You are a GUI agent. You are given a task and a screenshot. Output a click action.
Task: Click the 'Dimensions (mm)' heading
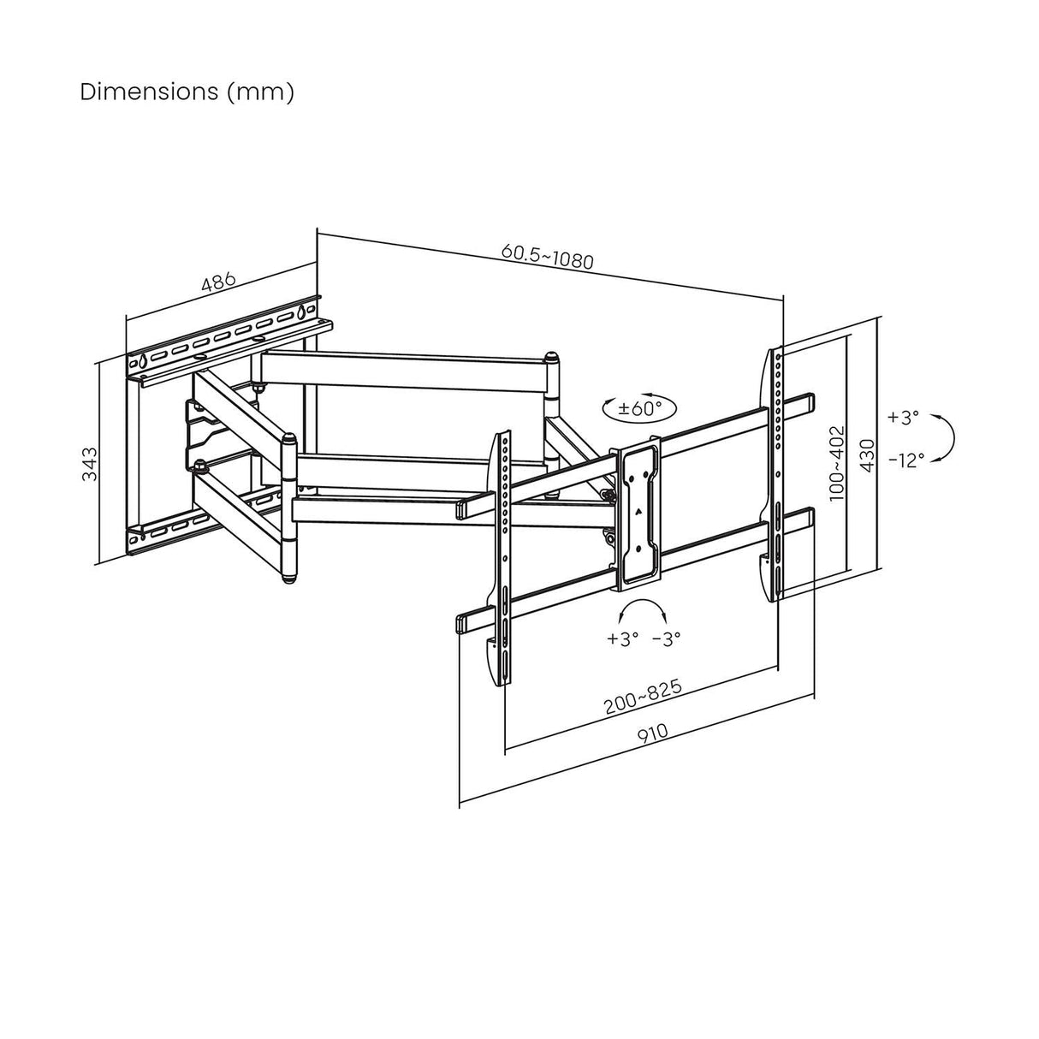pos(187,92)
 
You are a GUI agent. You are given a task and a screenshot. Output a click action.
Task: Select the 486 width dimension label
pos(219,283)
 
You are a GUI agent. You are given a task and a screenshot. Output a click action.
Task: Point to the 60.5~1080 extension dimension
pos(548,255)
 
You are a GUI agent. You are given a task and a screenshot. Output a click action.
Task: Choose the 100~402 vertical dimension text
pos(836,462)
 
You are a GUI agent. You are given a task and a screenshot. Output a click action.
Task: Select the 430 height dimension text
pos(866,455)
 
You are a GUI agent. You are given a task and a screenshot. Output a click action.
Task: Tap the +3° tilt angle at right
pos(903,418)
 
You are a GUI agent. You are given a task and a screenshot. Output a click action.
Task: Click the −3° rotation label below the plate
pos(666,638)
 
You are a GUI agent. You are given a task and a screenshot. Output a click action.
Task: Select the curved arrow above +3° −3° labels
pos(644,609)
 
